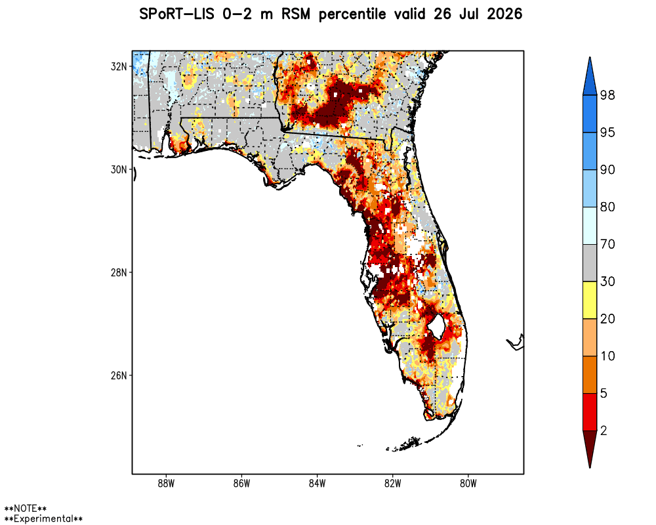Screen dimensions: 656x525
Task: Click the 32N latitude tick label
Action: pyautogui.click(x=118, y=66)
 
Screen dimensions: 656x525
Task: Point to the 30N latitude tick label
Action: pyautogui.click(x=118, y=169)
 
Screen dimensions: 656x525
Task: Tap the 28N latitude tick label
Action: pyautogui.click(x=118, y=272)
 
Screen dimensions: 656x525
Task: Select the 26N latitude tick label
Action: pyautogui.click(x=118, y=375)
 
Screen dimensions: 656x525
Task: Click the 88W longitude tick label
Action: pyautogui.click(x=166, y=484)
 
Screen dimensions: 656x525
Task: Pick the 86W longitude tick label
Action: pyautogui.click(x=241, y=484)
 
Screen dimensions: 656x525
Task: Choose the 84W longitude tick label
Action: pyautogui.click(x=317, y=484)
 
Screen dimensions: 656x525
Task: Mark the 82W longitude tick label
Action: pyautogui.click(x=392, y=484)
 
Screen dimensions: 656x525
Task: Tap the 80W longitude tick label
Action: pyautogui.click(x=468, y=484)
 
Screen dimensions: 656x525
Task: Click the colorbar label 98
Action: pyautogui.click(x=607, y=95)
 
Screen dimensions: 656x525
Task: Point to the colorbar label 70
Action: pyautogui.click(x=607, y=244)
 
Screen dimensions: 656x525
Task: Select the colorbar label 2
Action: pyautogui.click(x=604, y=430)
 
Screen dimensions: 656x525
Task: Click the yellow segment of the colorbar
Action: pyautogui.click(x=590, y=300)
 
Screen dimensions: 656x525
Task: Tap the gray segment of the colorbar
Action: pyautogui.click(x=590, y=263)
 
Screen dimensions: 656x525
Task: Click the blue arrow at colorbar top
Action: pyautogui.click(x=590, y=77)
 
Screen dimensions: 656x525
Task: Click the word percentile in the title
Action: pyautogui.click(x=352, y=14)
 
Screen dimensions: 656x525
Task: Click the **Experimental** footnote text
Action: pyautogui.click(x=43, y=518)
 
